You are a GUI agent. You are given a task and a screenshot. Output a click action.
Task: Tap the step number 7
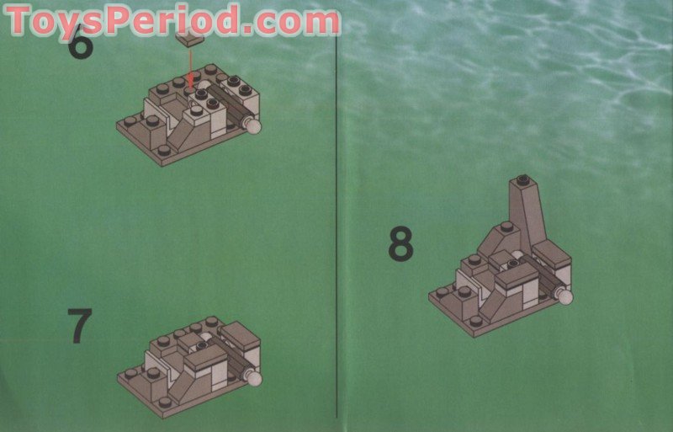pos(79,327)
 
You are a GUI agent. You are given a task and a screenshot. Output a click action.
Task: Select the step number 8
pos(401,244)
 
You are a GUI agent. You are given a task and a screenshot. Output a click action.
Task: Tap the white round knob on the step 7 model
pos(252,378)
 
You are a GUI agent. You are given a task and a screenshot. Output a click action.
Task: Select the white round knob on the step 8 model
pos(563,296)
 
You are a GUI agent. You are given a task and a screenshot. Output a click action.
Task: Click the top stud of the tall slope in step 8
pos(522,179)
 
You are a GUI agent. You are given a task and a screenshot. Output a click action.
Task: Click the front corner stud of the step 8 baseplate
pos(477,319)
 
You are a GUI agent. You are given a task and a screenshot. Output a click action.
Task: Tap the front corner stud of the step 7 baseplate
pos(165,403)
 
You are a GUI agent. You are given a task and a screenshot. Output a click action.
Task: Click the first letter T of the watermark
pos(20,20)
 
